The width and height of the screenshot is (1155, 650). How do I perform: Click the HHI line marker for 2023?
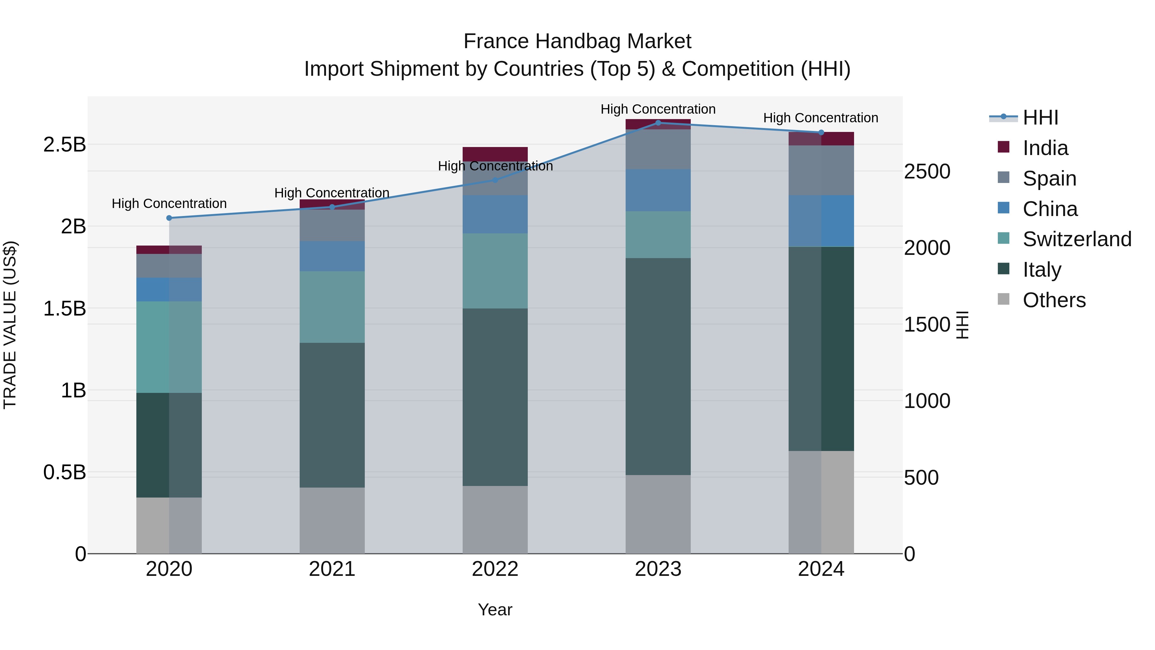point(658,123)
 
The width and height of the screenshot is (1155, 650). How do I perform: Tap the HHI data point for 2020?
point(169,218)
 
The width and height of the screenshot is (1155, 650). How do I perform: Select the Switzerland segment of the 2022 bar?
point(495,271)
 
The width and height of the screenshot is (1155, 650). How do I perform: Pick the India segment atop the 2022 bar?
point(495,154)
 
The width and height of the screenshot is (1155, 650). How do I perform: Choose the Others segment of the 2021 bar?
point(332,520)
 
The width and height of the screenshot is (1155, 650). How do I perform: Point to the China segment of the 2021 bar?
point(332,256)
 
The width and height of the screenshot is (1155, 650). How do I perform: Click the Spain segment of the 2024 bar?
point(821,170)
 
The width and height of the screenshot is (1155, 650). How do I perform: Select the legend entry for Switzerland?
point(1076,239)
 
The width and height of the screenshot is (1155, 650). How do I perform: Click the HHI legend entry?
point(1040,117)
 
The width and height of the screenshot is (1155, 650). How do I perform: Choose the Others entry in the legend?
point(1054,300)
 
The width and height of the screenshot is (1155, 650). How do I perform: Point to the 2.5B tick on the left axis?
point(64,144)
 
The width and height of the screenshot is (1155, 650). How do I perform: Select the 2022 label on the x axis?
point(495,569)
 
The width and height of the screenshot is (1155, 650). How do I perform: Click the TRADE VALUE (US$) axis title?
point(10,325)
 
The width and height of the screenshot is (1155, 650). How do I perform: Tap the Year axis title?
point(495,610)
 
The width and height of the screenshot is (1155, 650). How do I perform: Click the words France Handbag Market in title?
point(577,41)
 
